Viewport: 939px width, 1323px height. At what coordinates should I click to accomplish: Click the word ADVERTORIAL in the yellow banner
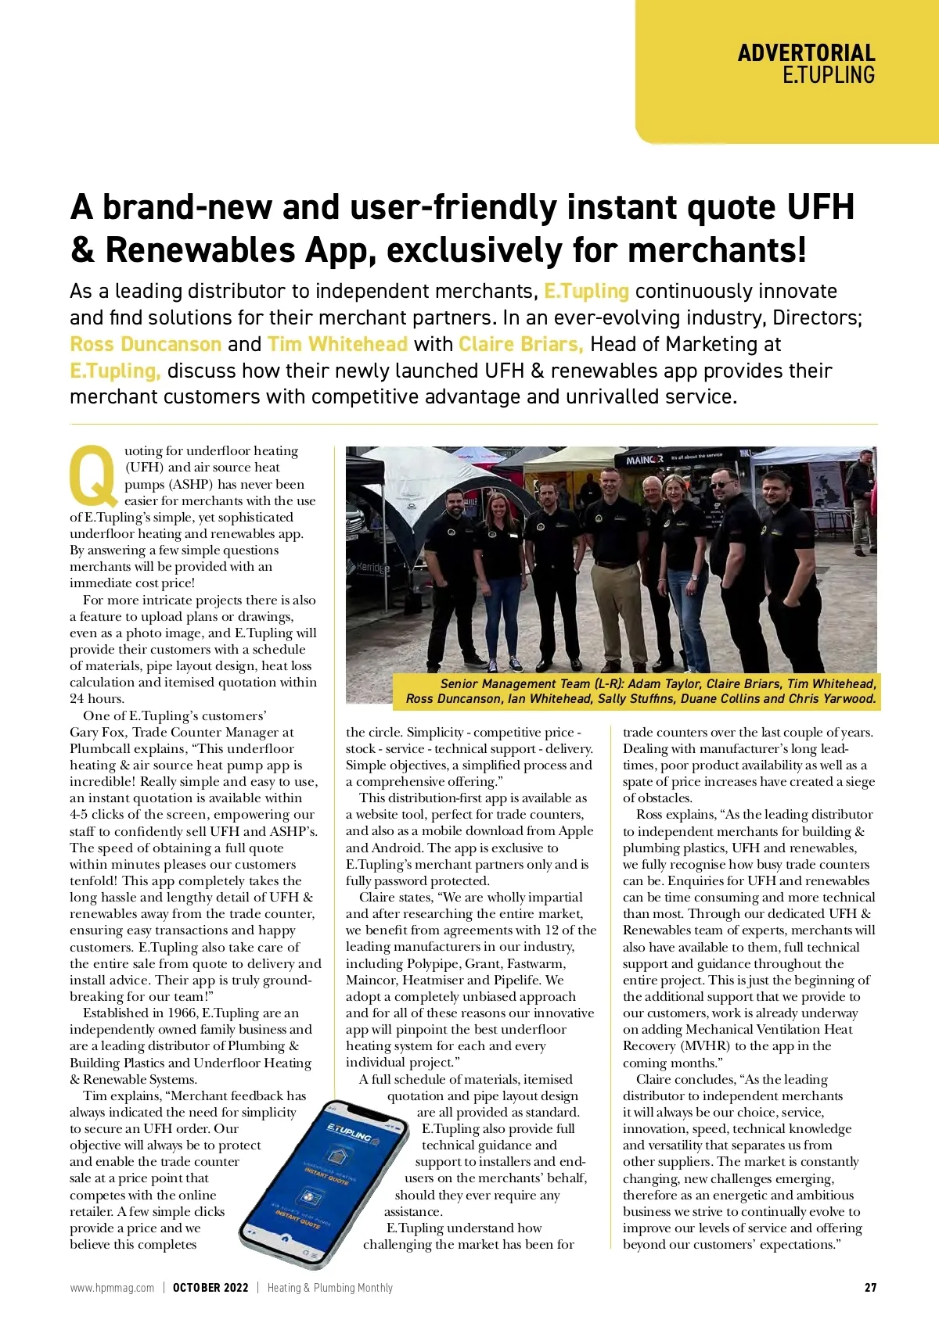[x=806, y=53]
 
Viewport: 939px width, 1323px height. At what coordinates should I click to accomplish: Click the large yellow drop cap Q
[x=93, y=475]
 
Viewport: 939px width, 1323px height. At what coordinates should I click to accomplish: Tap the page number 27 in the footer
[x=870, y=1288]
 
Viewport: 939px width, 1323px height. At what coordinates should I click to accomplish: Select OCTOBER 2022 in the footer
[x=210, y=1288]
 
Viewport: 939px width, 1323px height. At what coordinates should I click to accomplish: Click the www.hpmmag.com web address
[x=112, y=1288]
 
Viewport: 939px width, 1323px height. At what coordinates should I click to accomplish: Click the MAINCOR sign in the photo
[x=645, y=460]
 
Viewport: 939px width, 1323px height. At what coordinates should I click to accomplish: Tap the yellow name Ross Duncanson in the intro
[x=146, y=344]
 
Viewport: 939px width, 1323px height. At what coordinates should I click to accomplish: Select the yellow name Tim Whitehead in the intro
[x=337, y=344]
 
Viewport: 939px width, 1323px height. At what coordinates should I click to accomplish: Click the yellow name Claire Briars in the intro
[x=520, y=344]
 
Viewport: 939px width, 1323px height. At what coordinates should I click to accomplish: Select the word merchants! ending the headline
[x=717, y=250]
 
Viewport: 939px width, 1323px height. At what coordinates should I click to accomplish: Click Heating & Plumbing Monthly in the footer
[x=329, y=1288]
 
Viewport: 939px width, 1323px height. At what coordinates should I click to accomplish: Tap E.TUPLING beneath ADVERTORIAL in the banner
[x=828, y=75]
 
